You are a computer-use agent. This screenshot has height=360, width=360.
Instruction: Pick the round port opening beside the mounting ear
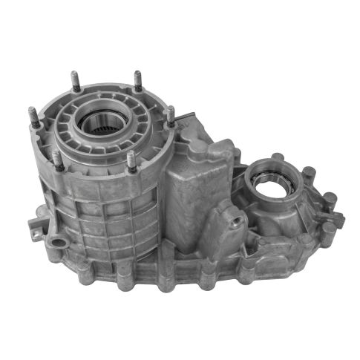(x=55, y=242)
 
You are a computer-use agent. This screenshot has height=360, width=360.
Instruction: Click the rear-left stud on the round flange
(x=75, y=80)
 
